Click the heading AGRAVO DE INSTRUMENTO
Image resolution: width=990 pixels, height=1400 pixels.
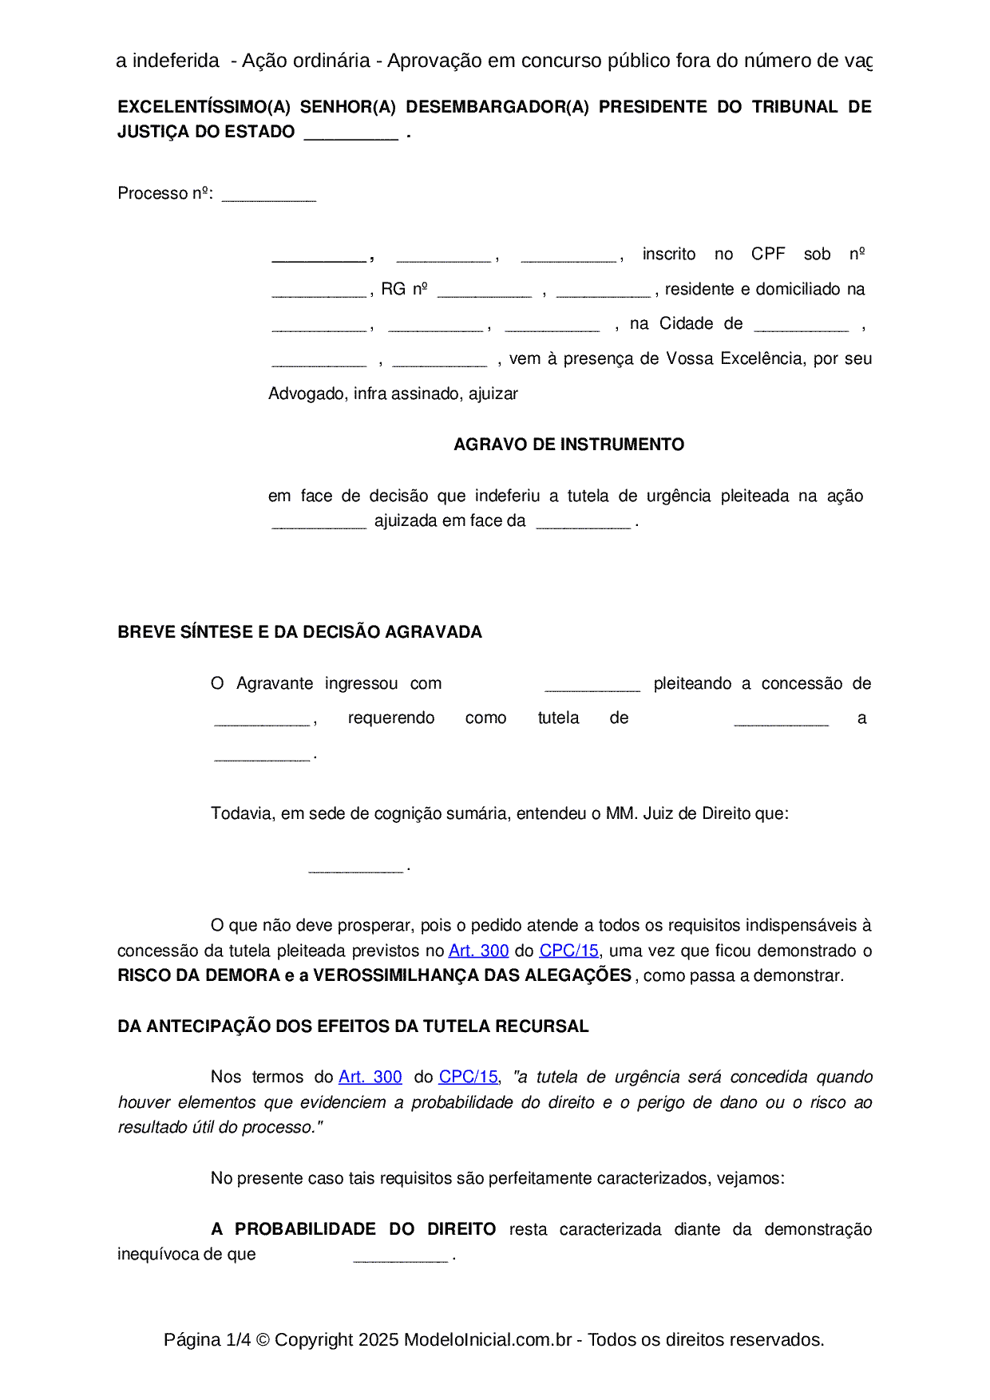click(568, 445)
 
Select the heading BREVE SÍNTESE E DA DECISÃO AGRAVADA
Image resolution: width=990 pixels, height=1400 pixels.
click(299, 632)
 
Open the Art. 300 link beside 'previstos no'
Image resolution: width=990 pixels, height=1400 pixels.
click(478, 951)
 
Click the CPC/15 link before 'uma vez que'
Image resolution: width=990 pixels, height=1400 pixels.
click(568, 951)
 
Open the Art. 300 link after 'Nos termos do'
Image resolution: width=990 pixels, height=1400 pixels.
click(370, 1077)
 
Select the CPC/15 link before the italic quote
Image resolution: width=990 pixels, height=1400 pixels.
click(468, 1077)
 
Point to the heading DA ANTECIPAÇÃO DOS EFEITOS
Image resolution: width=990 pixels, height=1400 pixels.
click(353, 1026)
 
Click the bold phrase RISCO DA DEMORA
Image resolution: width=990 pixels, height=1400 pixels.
click(199, 975)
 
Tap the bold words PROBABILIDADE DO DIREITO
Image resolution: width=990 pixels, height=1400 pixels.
click(365, 1229)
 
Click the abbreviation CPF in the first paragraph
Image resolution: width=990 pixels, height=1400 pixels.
click(768, 254)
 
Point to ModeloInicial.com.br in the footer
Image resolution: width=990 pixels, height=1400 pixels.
click(487, 1339)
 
